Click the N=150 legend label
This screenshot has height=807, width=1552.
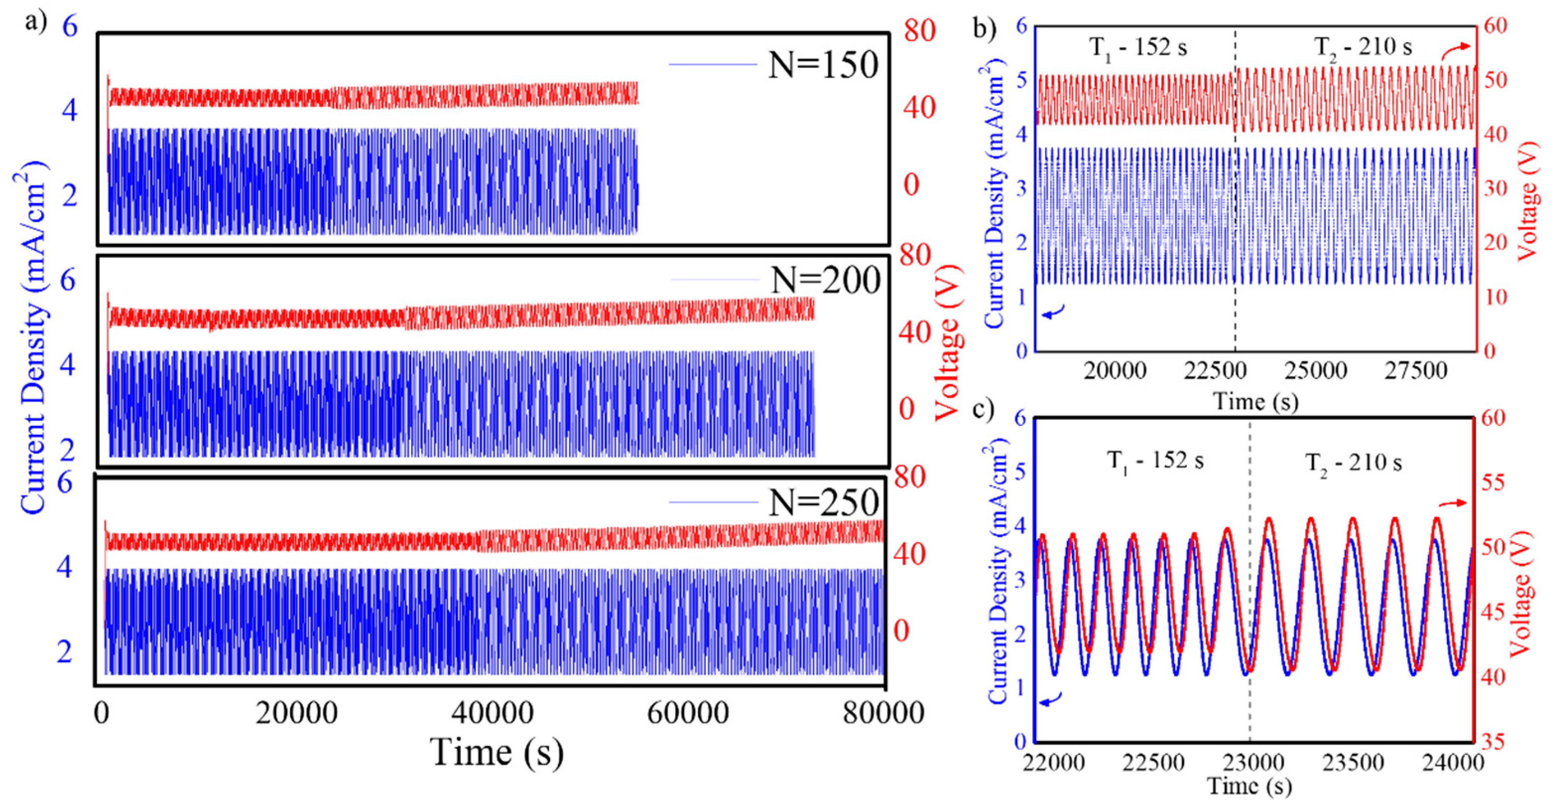823,65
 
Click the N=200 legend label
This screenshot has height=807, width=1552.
825,280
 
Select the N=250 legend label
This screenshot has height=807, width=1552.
823,502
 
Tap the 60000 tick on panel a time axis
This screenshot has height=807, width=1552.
687,714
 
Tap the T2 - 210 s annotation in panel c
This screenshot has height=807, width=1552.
1353,463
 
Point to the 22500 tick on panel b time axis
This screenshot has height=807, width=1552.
1215,371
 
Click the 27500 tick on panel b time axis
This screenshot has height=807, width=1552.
1415,371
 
